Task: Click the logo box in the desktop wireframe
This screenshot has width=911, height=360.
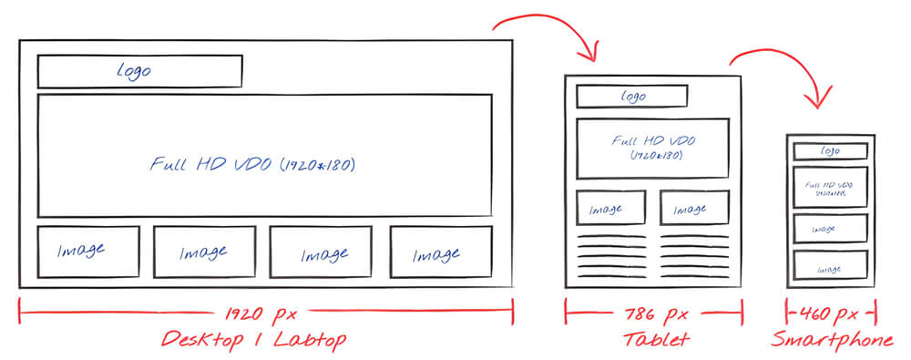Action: coord(139,71)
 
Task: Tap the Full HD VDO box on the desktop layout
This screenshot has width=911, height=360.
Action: coord(264,156)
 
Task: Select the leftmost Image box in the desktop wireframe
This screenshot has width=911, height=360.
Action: coord(87,251)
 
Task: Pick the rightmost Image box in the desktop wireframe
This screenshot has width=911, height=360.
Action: coord(440,252)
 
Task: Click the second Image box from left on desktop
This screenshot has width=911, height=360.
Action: coord(203,252)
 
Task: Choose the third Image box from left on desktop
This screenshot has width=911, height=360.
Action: coord(324,252)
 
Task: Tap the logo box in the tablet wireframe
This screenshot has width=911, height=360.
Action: coord(632,96)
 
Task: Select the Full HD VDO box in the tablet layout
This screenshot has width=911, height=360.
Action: coord(652,148)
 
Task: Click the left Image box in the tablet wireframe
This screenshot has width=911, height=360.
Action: coord(611,208)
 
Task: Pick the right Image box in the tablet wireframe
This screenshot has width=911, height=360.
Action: coord(693,208)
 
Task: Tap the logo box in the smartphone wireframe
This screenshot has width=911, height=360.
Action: coord(829,151)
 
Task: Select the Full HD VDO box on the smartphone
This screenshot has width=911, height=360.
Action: coord(829,187)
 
